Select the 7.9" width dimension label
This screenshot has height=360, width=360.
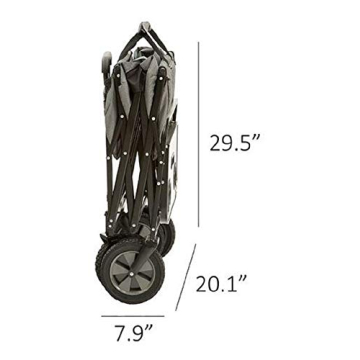[134, 333]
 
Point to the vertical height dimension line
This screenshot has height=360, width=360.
[199, 134]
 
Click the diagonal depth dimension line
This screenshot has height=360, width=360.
[186, 277]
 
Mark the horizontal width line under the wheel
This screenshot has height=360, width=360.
[133, 316]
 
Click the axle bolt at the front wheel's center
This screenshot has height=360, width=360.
[132, 273]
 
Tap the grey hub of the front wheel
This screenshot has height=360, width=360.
[132, 273]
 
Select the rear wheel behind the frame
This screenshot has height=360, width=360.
[167, 237]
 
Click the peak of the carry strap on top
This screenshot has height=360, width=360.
[145, 24]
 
